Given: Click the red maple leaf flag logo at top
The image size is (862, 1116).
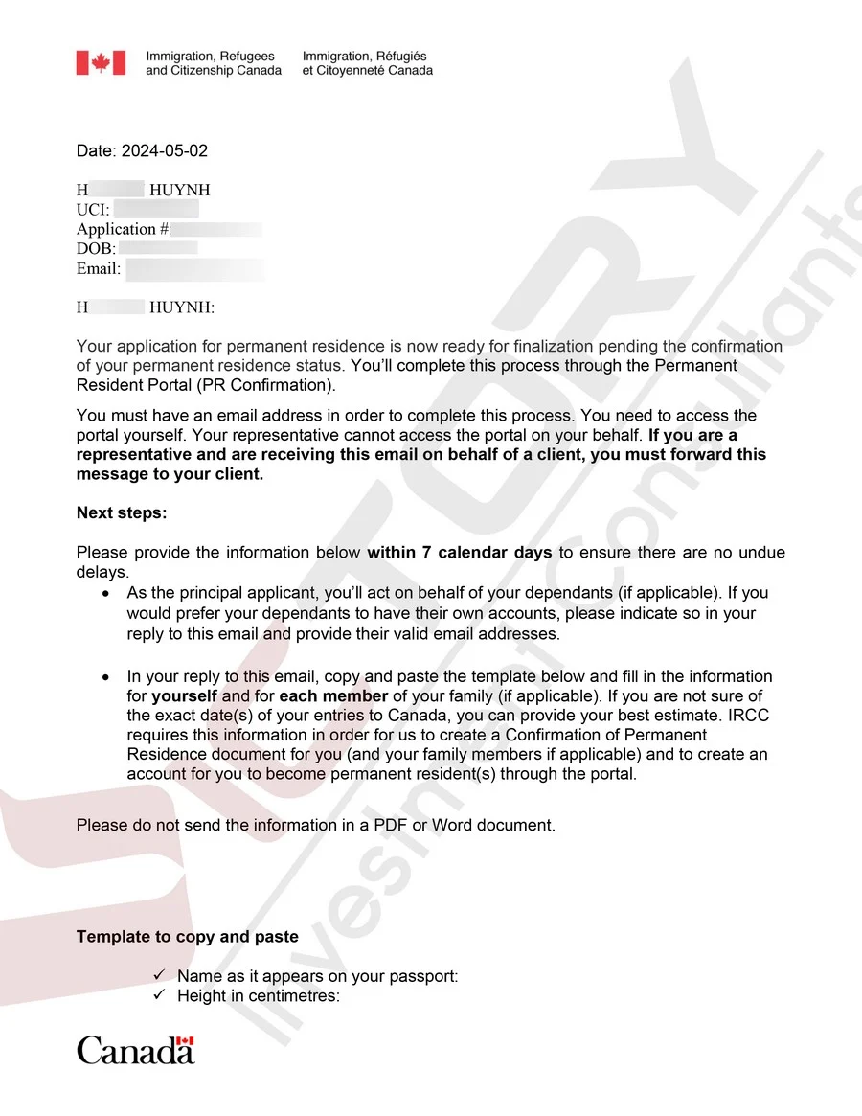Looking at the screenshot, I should coord(101,63).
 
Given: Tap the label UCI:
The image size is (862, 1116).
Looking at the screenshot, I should coord(93,210).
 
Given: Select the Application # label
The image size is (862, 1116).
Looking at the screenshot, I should coord(124,229).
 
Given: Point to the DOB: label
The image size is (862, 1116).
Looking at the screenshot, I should coord(96,249).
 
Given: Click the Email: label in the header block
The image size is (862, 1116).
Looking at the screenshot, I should coord(99,269).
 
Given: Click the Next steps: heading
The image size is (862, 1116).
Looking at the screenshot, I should coord(122,512).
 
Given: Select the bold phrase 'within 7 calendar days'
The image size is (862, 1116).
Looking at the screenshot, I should coord(460,553).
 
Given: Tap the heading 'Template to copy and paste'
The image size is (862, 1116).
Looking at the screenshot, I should coord(188,936).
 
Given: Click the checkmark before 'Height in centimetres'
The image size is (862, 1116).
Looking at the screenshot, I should coord(160,995).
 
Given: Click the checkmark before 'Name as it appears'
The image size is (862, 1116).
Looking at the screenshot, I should coord(160,976).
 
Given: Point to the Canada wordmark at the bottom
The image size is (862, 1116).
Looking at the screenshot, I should coord(136,1050).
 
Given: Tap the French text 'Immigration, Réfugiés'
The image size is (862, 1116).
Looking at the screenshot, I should coord(365,57).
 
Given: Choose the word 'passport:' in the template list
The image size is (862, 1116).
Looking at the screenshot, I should coord(425,976).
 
